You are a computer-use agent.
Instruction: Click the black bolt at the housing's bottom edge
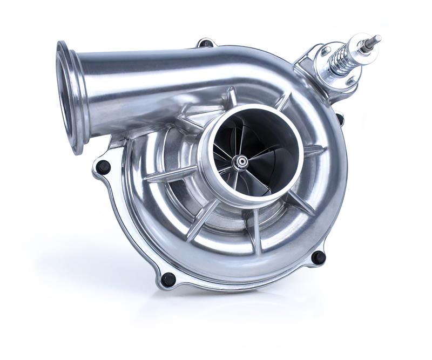click(168, 279)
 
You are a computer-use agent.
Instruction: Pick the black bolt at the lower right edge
click(318, 257)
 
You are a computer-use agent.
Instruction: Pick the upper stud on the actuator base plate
click(325, 50)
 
